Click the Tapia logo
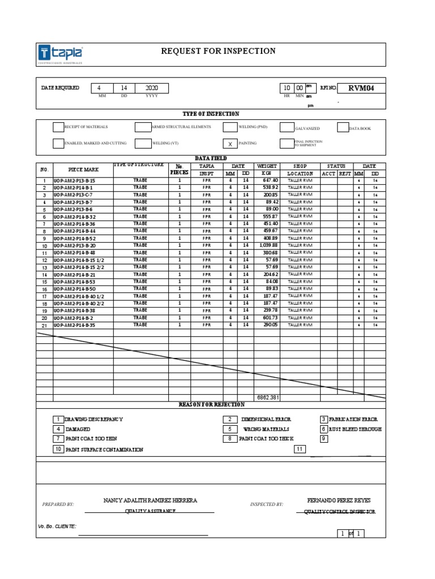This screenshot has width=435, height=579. coord(61,54)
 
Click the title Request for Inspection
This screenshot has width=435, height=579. coord(218,51)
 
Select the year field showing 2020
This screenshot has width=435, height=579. coord(152,88)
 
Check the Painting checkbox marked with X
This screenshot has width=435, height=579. coord(230,144)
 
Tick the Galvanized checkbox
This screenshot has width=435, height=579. coord(287,128)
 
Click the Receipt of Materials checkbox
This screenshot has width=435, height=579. coord(58,127)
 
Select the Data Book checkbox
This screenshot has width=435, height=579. coord(343,128)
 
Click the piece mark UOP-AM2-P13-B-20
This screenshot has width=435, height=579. coord(75,246)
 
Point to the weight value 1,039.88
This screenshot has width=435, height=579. coord(268,245)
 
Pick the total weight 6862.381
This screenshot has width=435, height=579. coord(268,398)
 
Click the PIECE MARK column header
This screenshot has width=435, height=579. coord(83,170)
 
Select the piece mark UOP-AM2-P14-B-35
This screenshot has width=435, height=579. coord(75,326)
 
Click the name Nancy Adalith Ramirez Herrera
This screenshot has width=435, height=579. coord(150,500)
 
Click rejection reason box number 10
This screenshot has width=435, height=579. coord(58,450)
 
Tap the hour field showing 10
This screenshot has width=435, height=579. coord(287,88)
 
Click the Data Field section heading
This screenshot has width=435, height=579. coord(211,159)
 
